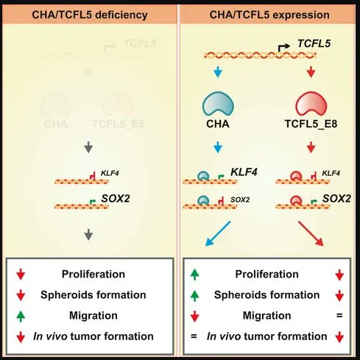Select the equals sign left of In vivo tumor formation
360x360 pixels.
[x=194, y=336]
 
